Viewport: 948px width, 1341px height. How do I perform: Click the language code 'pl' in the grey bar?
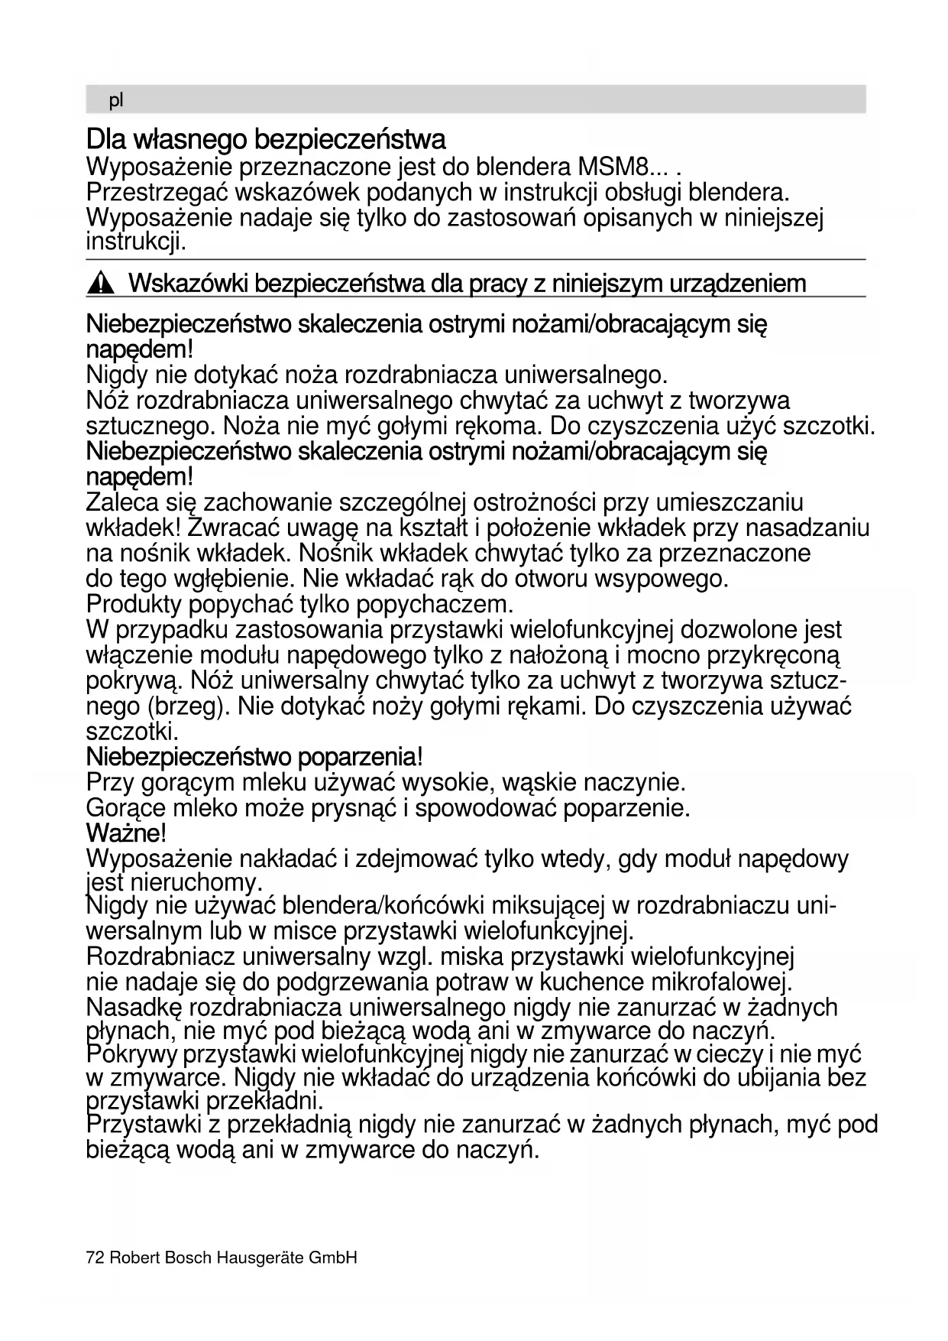tap(116, 100)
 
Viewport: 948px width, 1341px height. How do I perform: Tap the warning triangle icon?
tap(100, 285)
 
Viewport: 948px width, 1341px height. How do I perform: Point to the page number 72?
tap(95, 1258)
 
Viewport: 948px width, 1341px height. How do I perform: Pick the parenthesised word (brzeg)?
tap(187, 706)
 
